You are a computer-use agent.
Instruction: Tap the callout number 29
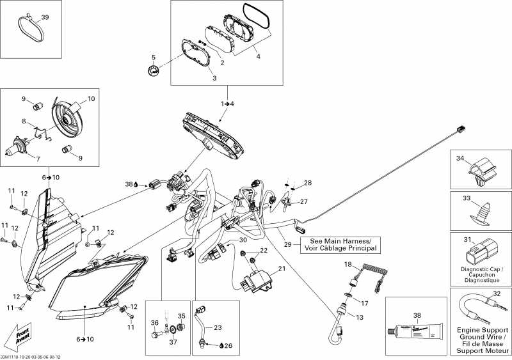point(288,245)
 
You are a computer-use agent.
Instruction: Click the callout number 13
point(360,317)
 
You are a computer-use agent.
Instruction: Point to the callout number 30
point(243,240)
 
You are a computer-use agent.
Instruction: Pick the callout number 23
point(218,327)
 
